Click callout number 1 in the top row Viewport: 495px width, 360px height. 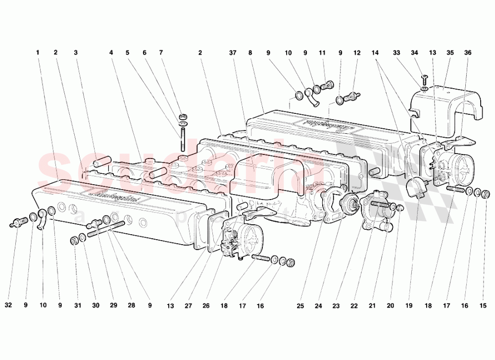[37, 52]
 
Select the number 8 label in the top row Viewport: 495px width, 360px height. [251, 52]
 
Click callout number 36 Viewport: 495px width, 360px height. [467, 52]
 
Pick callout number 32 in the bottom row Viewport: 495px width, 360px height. [8, 306]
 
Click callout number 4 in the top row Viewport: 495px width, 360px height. [111, 52]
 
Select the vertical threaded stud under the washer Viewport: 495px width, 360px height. [184, 138]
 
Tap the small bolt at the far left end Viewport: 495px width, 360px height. [16, 223]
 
